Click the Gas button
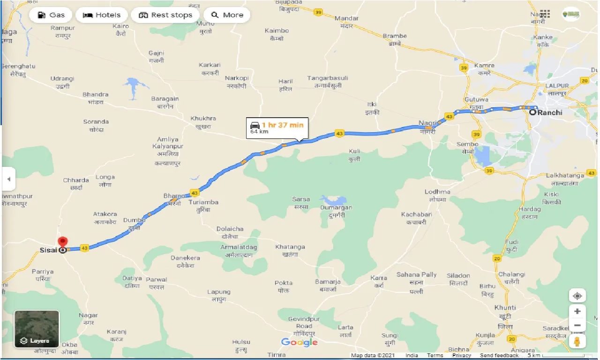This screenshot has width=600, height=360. click(51, 15)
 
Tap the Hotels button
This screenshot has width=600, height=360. click(102, 15)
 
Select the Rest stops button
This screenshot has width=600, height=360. click(165, 15)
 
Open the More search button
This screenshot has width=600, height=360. click(227, 15)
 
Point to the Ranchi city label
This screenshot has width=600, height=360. click(549, 112)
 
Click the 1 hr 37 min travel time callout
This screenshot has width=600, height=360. click(277, 127)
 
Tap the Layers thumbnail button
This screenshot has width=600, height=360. click(37, 329)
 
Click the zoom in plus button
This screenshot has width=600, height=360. click(577, 311)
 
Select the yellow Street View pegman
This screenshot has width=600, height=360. click(577, 341)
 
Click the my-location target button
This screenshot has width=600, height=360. click(577, 296)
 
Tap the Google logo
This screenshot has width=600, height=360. click(299, 342)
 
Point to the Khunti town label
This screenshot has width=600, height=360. click(505, 307)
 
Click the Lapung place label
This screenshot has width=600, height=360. click(219, 292)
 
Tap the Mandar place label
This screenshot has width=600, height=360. click(346, 18)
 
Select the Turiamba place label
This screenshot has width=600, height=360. click(203, 202)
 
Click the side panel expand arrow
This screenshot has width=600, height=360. click(8, 179)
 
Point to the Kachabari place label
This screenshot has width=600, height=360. click(416, 215)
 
